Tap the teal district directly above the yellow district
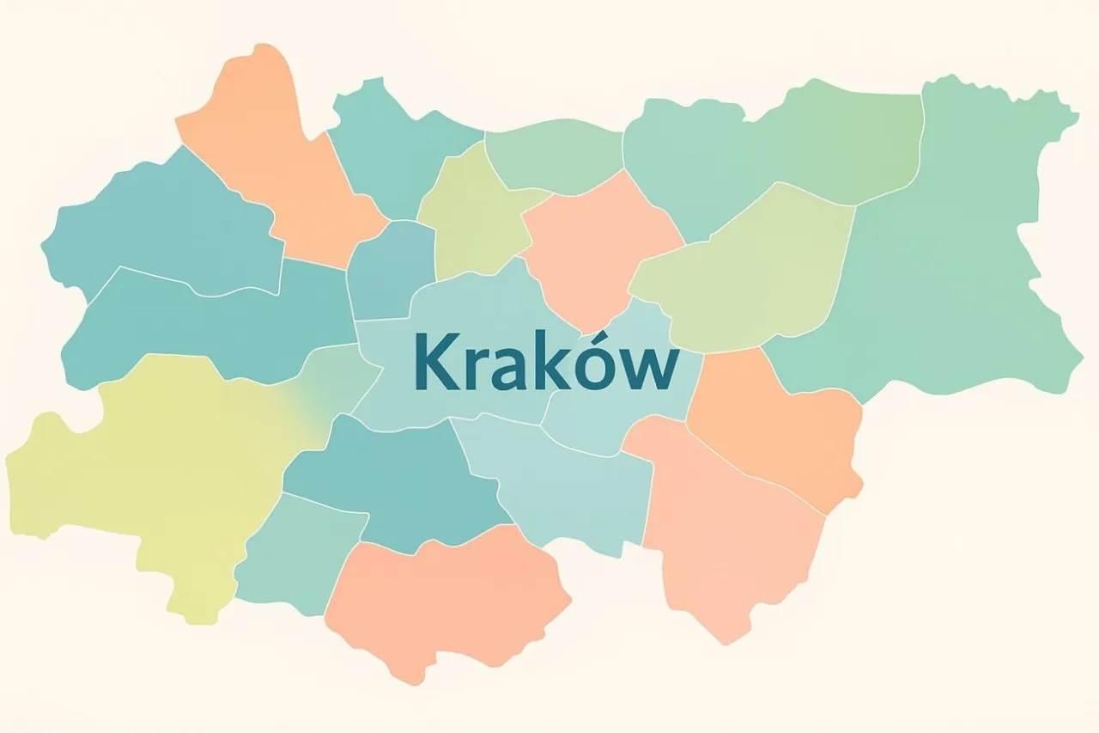(206, 327)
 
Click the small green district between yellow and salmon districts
(292, 550)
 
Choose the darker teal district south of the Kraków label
(395, 481)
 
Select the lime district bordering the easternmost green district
(747, 275)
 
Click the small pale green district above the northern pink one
(554, 155)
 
